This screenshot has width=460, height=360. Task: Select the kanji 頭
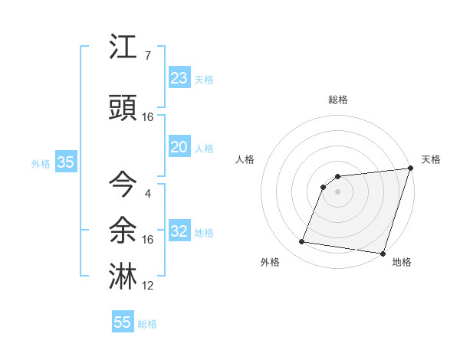click(123, 108)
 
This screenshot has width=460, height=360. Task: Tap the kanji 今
click(123, 185)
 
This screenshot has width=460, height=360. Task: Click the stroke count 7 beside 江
click(148, 55)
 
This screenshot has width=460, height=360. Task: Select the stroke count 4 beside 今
click(148, 193)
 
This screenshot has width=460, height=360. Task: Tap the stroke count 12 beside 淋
click(148, 286)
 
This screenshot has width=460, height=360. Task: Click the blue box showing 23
click(179, 78)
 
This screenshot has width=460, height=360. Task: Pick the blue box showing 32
click(179, 231)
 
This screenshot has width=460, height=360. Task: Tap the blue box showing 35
click(65, 162)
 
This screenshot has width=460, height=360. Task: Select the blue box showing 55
click(123, 322)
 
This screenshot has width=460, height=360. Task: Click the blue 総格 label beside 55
click(147, 324)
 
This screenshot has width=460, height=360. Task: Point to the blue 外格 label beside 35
click(41, 163)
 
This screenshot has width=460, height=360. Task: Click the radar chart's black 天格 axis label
click(431, 159)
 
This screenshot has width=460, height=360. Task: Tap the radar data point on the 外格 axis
click(302, 242)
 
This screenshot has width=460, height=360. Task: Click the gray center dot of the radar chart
click(337, 191)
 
